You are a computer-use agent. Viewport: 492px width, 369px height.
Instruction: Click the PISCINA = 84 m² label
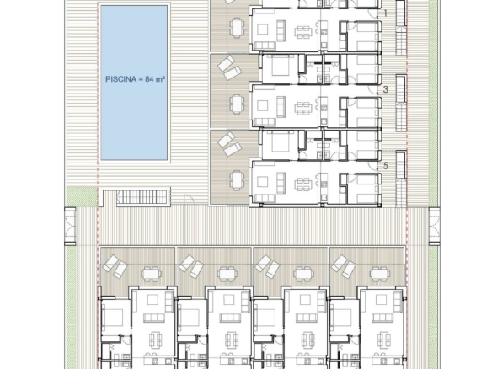(x=136, y=79)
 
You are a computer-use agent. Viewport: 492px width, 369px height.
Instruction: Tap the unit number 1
(x=386, y=13)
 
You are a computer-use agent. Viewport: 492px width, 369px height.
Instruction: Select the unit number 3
(x=386, y=89)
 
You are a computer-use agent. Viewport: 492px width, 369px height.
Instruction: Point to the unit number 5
(x=386, y=165)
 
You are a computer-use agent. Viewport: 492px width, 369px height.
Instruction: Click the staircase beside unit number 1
(x=401, y=28)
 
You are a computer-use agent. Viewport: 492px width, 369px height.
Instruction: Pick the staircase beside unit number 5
(x=401, y=179)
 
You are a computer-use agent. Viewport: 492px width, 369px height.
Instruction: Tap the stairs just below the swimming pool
(x=142, y=197)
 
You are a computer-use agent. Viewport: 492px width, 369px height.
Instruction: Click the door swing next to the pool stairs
(x=189, y=199)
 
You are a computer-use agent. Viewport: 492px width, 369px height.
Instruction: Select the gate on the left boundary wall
(x=70, y=226)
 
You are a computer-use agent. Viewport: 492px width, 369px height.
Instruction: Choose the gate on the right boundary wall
(x=435, y=226)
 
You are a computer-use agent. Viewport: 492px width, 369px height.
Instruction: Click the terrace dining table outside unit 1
(x=237, y=28)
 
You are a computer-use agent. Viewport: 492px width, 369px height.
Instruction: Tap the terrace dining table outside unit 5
(x=237, y=180)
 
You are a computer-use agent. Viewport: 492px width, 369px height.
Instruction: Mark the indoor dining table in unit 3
(x=303, y=108)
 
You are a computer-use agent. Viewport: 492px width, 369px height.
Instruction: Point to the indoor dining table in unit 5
(x=303, y=184)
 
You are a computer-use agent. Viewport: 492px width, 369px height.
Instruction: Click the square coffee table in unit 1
(x=262, y=29)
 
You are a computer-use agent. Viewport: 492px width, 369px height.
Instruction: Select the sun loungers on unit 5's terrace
(x=230, y=144)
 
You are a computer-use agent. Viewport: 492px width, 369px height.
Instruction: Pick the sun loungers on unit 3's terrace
(x=230, y=67)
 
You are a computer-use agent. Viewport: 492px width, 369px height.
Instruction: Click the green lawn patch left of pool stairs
(x=82, y=197)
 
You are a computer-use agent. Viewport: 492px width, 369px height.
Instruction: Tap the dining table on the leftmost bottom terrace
(x=152, y=273)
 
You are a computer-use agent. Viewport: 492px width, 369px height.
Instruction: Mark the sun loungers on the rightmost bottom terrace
(x=344, y=266)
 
